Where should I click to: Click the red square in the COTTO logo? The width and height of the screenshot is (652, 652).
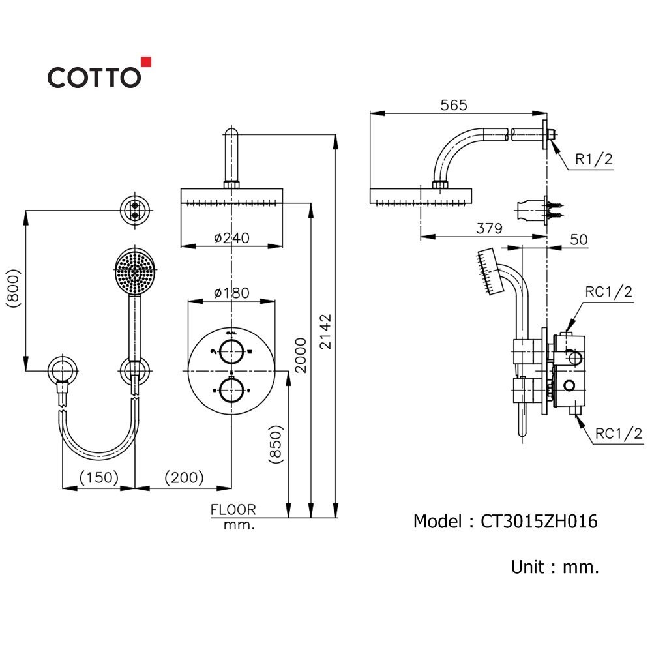click(x=146, y=62)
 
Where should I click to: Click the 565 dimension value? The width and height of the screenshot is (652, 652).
click(x=454, y=104)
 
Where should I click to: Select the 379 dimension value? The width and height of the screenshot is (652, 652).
click(x=489, y=228)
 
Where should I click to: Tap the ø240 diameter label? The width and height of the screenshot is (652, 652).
click(x=231, y=239)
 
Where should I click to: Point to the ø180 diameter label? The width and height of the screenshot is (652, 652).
click(x=231, y=293)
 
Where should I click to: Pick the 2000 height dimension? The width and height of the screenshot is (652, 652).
click(x=301, y=355)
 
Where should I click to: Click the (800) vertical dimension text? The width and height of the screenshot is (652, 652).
click(x=12, y=288)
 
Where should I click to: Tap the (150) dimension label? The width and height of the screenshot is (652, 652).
click(x=98, y=478)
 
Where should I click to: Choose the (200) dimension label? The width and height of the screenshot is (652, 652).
click(x=183, y=478)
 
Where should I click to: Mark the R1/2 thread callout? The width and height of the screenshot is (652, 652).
click(x=593, y=158)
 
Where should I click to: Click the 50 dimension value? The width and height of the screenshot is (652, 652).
click(x=578, y=239)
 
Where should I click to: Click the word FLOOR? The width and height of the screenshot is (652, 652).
click(x=233, y=510)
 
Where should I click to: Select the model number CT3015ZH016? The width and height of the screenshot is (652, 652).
click(x=539, y=522)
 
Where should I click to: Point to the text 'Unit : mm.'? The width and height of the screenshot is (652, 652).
click(x=554, y=567)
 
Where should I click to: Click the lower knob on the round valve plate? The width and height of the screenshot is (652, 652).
click(x=231, y=391)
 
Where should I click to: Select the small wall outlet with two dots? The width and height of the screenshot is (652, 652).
click(x=136, y=209)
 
